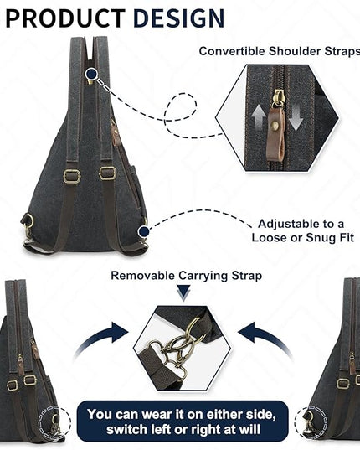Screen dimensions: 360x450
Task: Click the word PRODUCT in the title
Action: click(x=65, y=18)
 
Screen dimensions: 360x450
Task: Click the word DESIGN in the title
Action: click(x=178, y=18)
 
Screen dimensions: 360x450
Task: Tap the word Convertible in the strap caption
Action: click(x=232, y=51)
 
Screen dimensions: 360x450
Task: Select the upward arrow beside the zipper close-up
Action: click(x=258, y=117)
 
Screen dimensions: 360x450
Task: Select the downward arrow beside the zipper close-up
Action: click(x=296, y=117)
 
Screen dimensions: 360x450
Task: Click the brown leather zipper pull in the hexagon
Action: click(x=275, y=133)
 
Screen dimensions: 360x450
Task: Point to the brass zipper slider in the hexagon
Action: click(x=278, y=98)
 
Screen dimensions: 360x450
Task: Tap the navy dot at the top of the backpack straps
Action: click(x=91, y=74)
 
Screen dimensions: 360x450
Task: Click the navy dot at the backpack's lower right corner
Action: click(x=143, y=231)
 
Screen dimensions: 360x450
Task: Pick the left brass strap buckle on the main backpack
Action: click(x=72, y=177)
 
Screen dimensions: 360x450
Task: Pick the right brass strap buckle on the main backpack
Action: click(x=107, y=173)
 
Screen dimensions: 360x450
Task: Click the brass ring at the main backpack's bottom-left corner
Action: click(x=28, y=222)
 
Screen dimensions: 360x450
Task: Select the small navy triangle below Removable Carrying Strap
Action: click(x=183, y=292)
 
